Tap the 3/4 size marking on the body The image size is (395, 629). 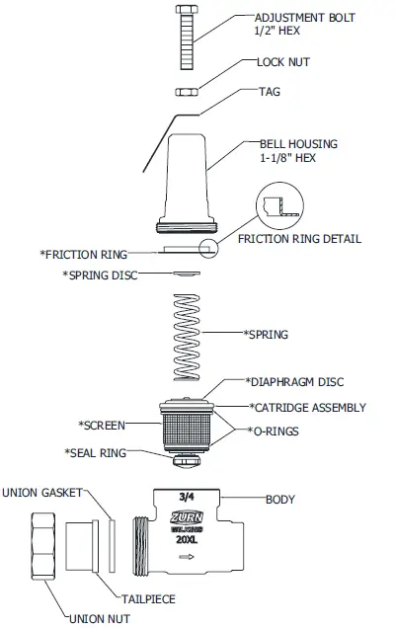(187, 501)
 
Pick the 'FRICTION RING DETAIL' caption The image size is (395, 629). (299, 239)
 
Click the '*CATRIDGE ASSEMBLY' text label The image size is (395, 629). (307, 407)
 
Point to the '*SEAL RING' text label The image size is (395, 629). (96, 452)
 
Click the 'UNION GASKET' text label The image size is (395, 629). (41, 492)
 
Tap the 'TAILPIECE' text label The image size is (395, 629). (149, 597)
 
